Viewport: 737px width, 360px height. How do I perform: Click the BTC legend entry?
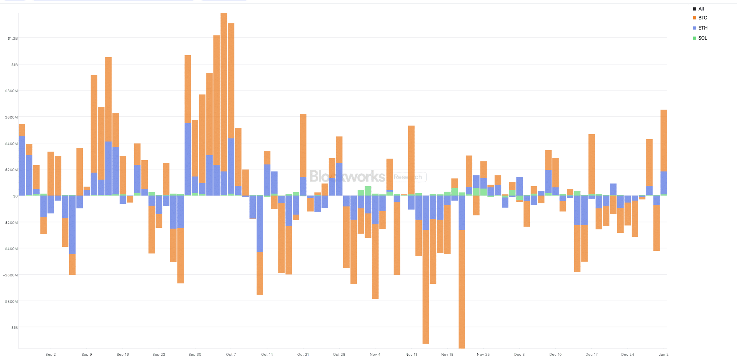click(x=702, y=18)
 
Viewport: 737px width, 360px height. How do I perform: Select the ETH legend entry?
click(x=702, y=28)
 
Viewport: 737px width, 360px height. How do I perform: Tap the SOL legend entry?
click(x=702, y=38)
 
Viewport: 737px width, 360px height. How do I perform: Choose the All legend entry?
click(x=701, y=9)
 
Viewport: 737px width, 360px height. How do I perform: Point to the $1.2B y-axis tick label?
click(x=12, y=38)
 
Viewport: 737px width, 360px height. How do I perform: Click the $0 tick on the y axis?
click(x=15, y=196)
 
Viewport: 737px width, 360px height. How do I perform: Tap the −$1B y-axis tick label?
click(x=13, y=328)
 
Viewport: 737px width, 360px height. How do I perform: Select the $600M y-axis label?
click(x=11, y=117)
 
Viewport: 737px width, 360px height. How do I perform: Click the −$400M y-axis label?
click(x=10, y=249)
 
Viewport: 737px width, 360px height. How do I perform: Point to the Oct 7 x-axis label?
click(x=231, y=355)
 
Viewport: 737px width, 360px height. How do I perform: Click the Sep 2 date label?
click(x=51, y=355)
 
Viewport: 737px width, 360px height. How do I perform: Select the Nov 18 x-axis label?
click(x=447, y=355)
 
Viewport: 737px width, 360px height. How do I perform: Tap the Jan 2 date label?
click(x=664, y=355)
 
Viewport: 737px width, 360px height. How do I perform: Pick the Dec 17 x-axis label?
click(x=591, y=355)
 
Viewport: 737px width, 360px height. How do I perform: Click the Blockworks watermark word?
click(x=347, y=177)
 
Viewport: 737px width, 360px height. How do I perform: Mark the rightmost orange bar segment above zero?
click(x=664, y=140)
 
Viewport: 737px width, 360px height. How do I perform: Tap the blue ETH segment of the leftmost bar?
click(x=22, y=165)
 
